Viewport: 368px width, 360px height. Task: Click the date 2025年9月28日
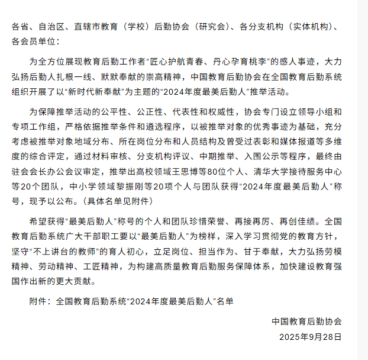point(311,336)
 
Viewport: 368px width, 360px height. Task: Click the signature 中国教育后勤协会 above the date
point(307,322)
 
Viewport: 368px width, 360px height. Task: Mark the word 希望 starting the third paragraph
point(37,221)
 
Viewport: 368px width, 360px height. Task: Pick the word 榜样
point(204,235)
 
